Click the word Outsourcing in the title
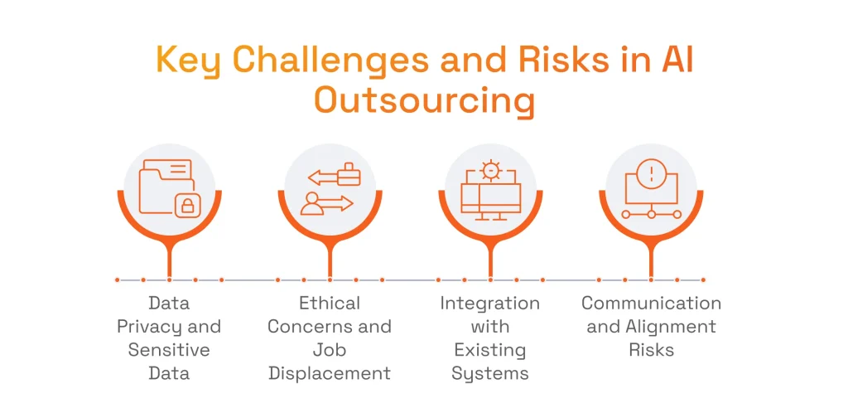pyautogui.click(x=425, y=100)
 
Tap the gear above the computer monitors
pyautogui.click(x=490, y=171)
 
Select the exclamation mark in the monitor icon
pyautogui.click(x=652, y=173)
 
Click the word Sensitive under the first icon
pyautogui.click(x=169, y=349)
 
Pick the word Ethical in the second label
pyautogui.click(x=330, y=303)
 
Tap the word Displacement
pyautogui.click(x=330, y=373)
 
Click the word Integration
pyautogui.click(x=490, y=303)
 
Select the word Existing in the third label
pyautogui.click(x=490, y=349)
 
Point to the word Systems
pyautogui.click(x=490, y=373)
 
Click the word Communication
pyautogui.click(x=652, y=303)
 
